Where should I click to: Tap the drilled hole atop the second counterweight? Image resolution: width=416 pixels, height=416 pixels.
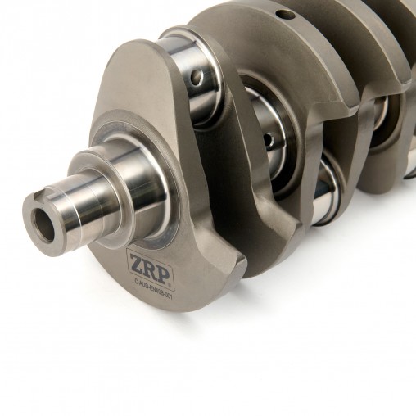click(x=283, y=16)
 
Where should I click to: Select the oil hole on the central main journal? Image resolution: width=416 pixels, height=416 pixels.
click(x=268, y=140)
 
